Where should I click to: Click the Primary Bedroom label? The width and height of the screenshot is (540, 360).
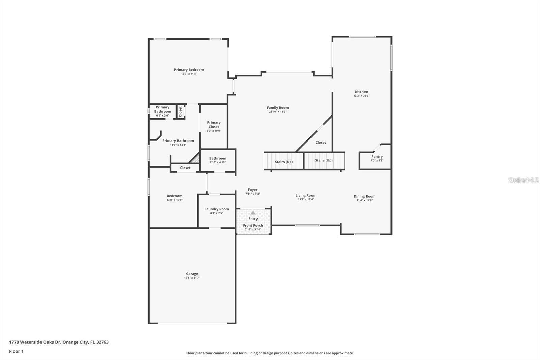click(x=189, y=70)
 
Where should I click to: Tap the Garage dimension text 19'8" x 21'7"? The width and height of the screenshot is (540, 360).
click(x=192, y=278)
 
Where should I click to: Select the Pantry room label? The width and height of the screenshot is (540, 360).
click(x=377, y=157)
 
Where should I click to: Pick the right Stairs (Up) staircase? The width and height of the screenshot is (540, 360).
click(x=324, y=160)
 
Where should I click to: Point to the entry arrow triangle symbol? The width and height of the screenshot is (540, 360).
click(x=253, y=213)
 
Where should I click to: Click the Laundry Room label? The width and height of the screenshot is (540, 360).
click(x=217, y=209)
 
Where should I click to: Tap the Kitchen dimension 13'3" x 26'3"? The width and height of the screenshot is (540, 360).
click(x=361, y=96)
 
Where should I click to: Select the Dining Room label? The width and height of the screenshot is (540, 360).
click(x=364, y=196)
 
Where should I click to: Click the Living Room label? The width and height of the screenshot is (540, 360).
click(x=306, y=195)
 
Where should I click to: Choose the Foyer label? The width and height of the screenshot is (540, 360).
click(x=252, y=190)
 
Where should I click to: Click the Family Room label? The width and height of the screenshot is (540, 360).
click(x=278, y=108)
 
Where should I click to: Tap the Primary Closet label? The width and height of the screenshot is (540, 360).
click(x=214, y=125)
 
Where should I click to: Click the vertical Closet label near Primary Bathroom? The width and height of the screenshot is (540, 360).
click(x=180, y=111)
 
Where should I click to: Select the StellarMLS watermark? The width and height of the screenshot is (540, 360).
click(x=523, y=180)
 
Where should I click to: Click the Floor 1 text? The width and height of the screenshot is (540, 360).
click(x=16, y=351)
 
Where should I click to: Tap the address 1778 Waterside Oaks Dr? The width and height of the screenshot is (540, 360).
click(x=59, y=342)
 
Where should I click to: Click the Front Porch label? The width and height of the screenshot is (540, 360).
click(x=253, y=225)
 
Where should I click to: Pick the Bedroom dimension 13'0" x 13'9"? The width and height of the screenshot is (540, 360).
click(x=174, y=200)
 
